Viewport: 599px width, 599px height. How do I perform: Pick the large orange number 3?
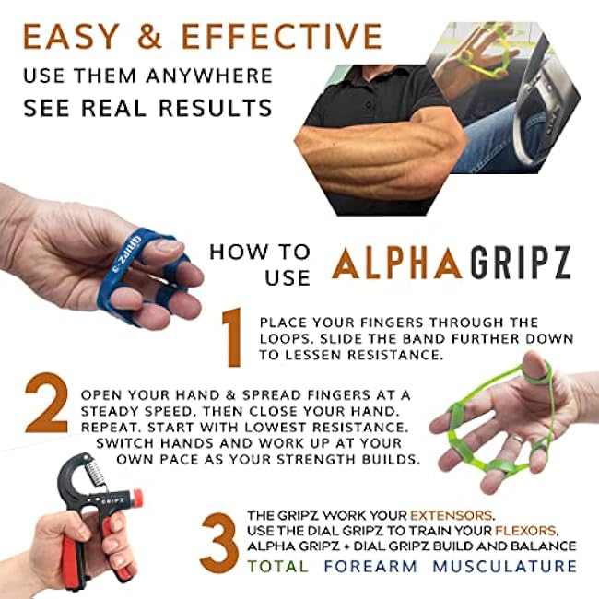click(x=219, y=543)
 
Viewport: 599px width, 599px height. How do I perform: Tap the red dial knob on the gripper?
click(x=136, y=499)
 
